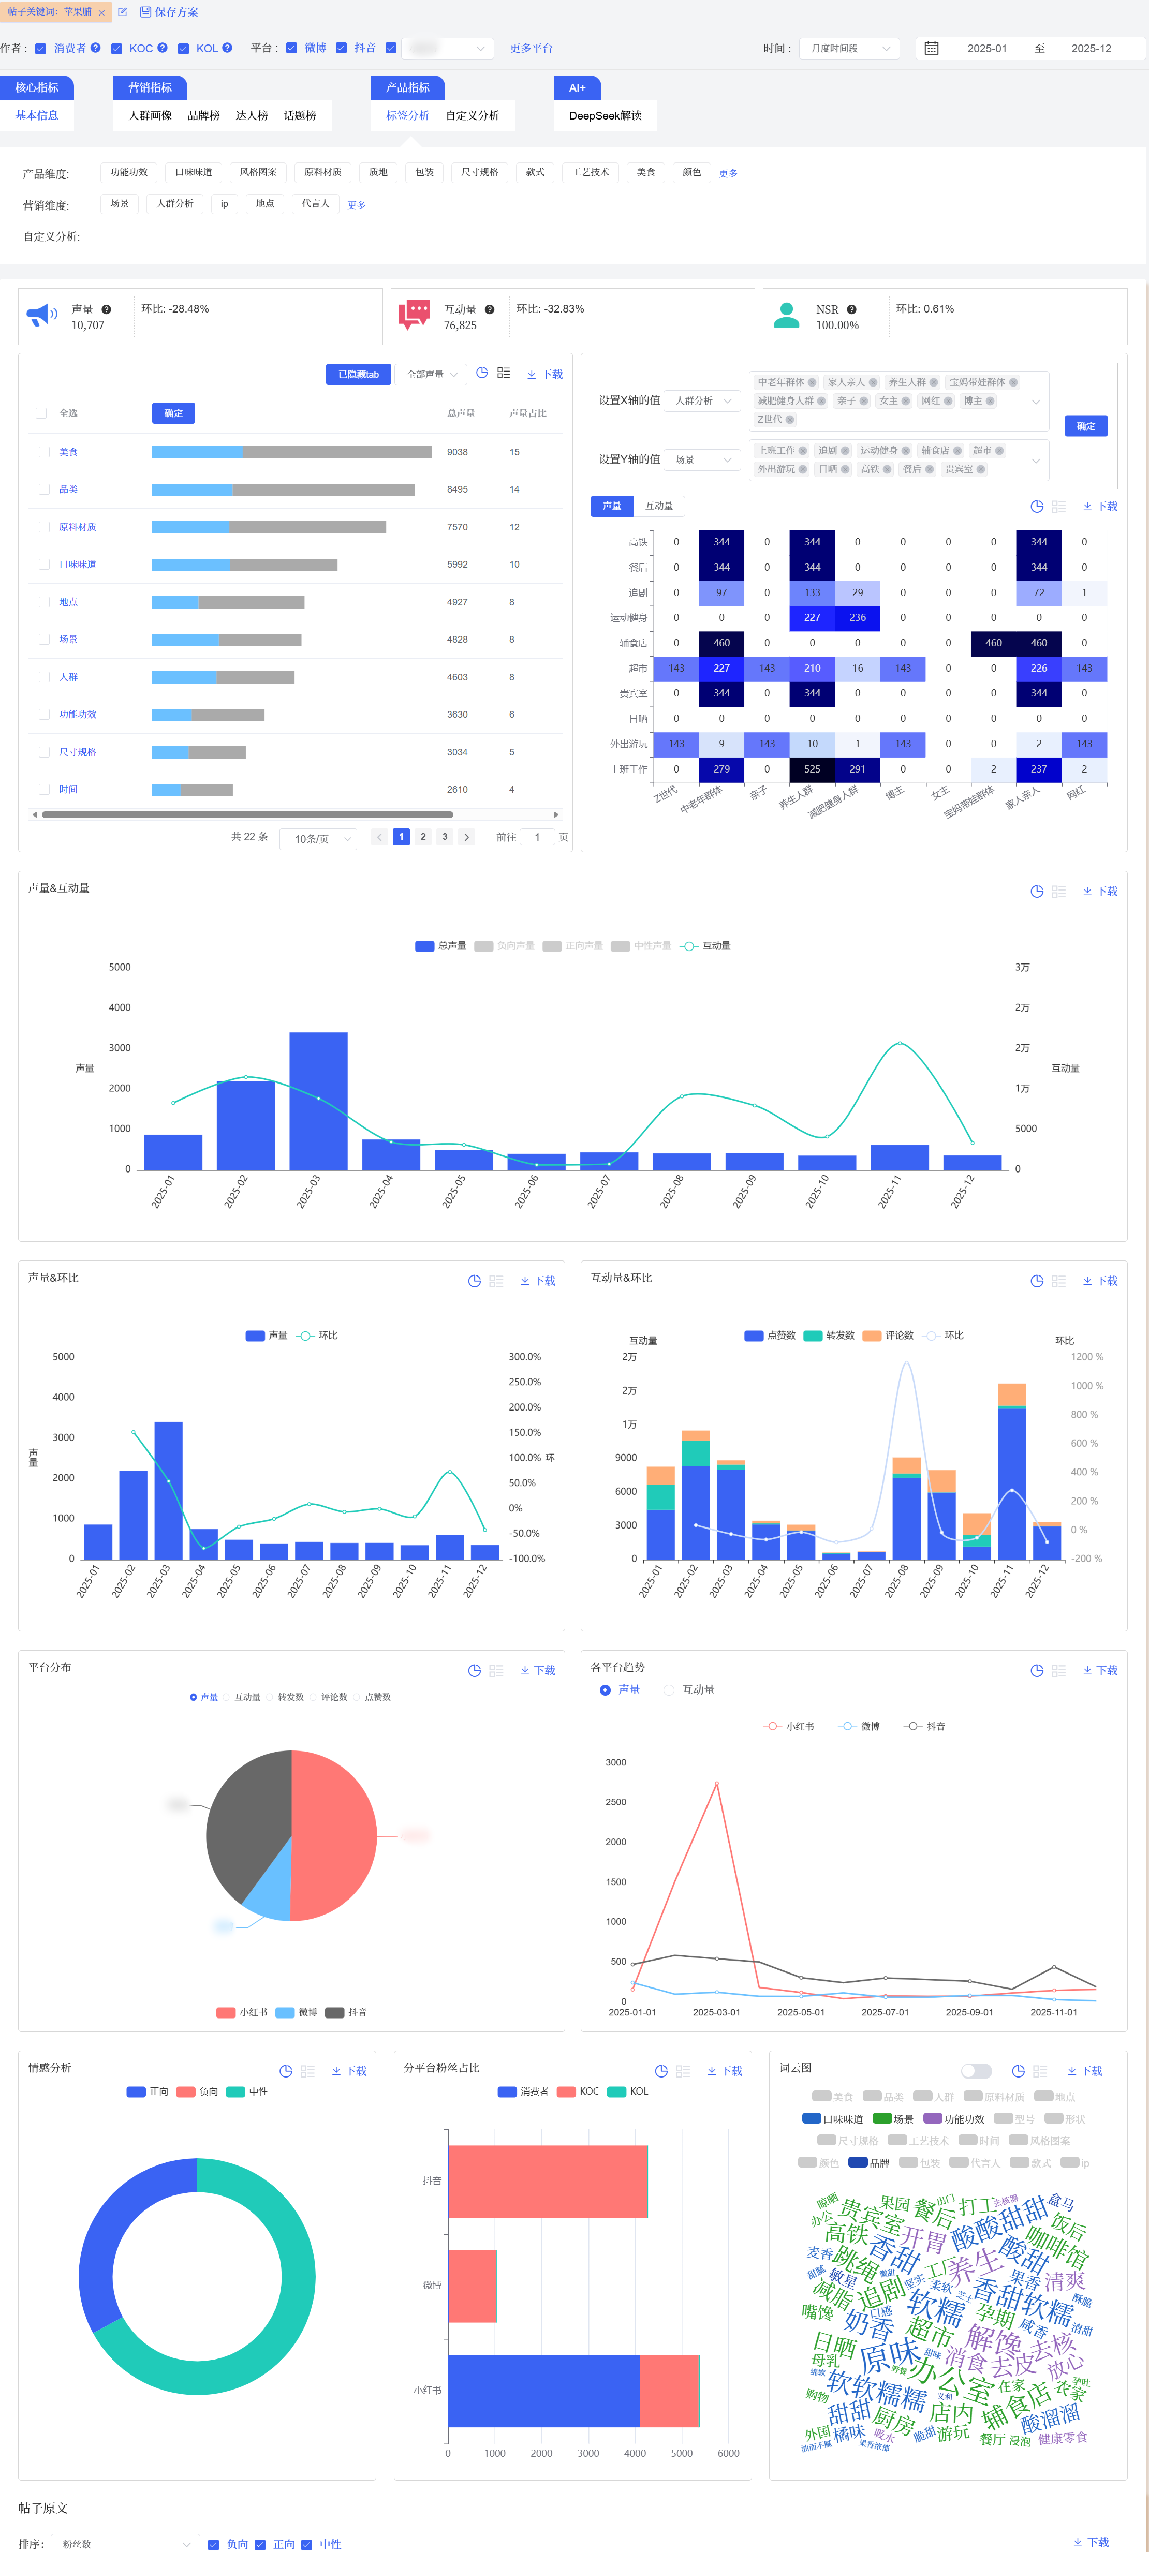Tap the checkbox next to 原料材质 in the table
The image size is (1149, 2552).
point(43,527)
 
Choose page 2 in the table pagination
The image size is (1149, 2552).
point(423,837)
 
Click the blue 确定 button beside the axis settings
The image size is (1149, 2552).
point(1086,426)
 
